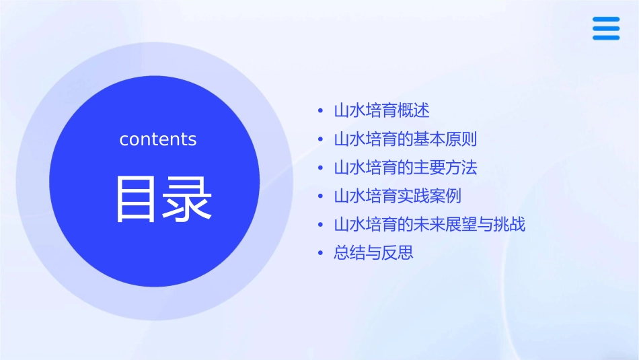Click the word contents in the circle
(158, 139)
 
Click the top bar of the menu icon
(605, 20)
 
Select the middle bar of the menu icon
(605, 28)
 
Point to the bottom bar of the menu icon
(605, 37)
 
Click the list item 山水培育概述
(381, 110)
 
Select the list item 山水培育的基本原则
(406, 139)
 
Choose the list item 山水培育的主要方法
(406, 168)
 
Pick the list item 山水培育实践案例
(398, 196)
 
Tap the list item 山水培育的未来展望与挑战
(430, 224)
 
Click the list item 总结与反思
(373, 253)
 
